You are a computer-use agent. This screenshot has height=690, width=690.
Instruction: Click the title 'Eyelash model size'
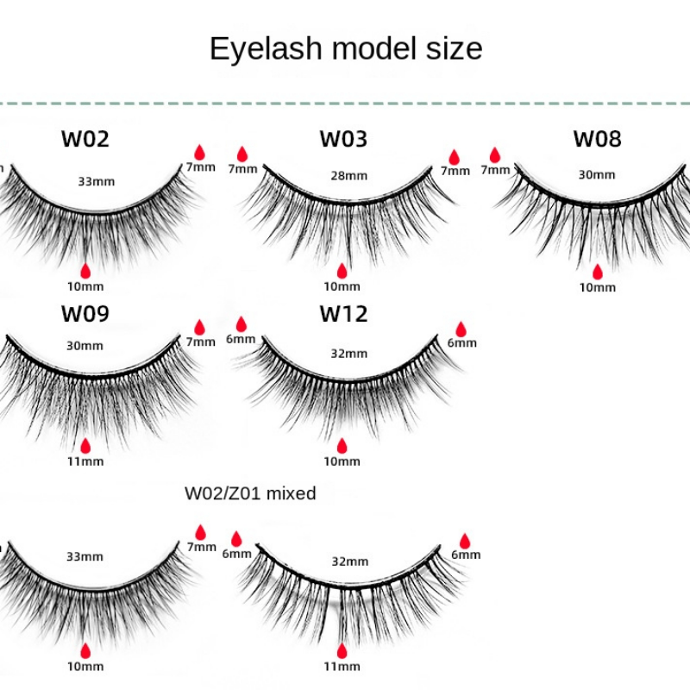click(x=346, y=48)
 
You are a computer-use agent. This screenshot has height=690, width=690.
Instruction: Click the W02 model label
click(x=85, y=139)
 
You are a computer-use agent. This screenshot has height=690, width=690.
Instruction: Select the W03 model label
click(x=342, y=139)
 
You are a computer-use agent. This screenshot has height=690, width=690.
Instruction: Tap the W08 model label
click(x=597, y=139)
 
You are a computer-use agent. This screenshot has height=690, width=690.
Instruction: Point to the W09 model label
click(x=85, y=313)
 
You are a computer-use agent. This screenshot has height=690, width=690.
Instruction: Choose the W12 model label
click(x=343, y=313)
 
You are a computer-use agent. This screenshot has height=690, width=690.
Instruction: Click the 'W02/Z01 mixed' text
click(x=250, y=493)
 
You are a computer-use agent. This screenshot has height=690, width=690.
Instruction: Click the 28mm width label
click(x=348, y=175)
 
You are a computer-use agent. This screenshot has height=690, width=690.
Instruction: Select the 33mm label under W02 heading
click(x=96, y=181)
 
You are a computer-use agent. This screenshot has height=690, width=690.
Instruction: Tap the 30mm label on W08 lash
click(x=596, y=174)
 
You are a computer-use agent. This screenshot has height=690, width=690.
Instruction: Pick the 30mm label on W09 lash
click(x=85, y=345)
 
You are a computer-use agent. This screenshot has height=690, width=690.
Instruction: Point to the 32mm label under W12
click(x=348, y=353)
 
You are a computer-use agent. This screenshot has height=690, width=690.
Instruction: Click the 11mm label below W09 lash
click(x=85, y=461)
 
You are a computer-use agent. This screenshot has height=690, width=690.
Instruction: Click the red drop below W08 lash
click(x=597, y=272)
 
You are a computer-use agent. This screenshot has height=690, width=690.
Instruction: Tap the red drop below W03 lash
click(x=342, y=271)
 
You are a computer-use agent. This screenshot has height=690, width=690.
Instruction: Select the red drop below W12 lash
click(x=342, y=445)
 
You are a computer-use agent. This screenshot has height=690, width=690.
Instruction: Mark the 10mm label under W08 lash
click(x=598, y=287)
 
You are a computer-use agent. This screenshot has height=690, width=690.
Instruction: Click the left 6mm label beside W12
click(x=241, y=339)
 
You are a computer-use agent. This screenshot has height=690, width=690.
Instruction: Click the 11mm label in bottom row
click(x=342, y=666)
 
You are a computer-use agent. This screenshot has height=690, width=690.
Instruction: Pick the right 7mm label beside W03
click(x=455, y=171)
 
